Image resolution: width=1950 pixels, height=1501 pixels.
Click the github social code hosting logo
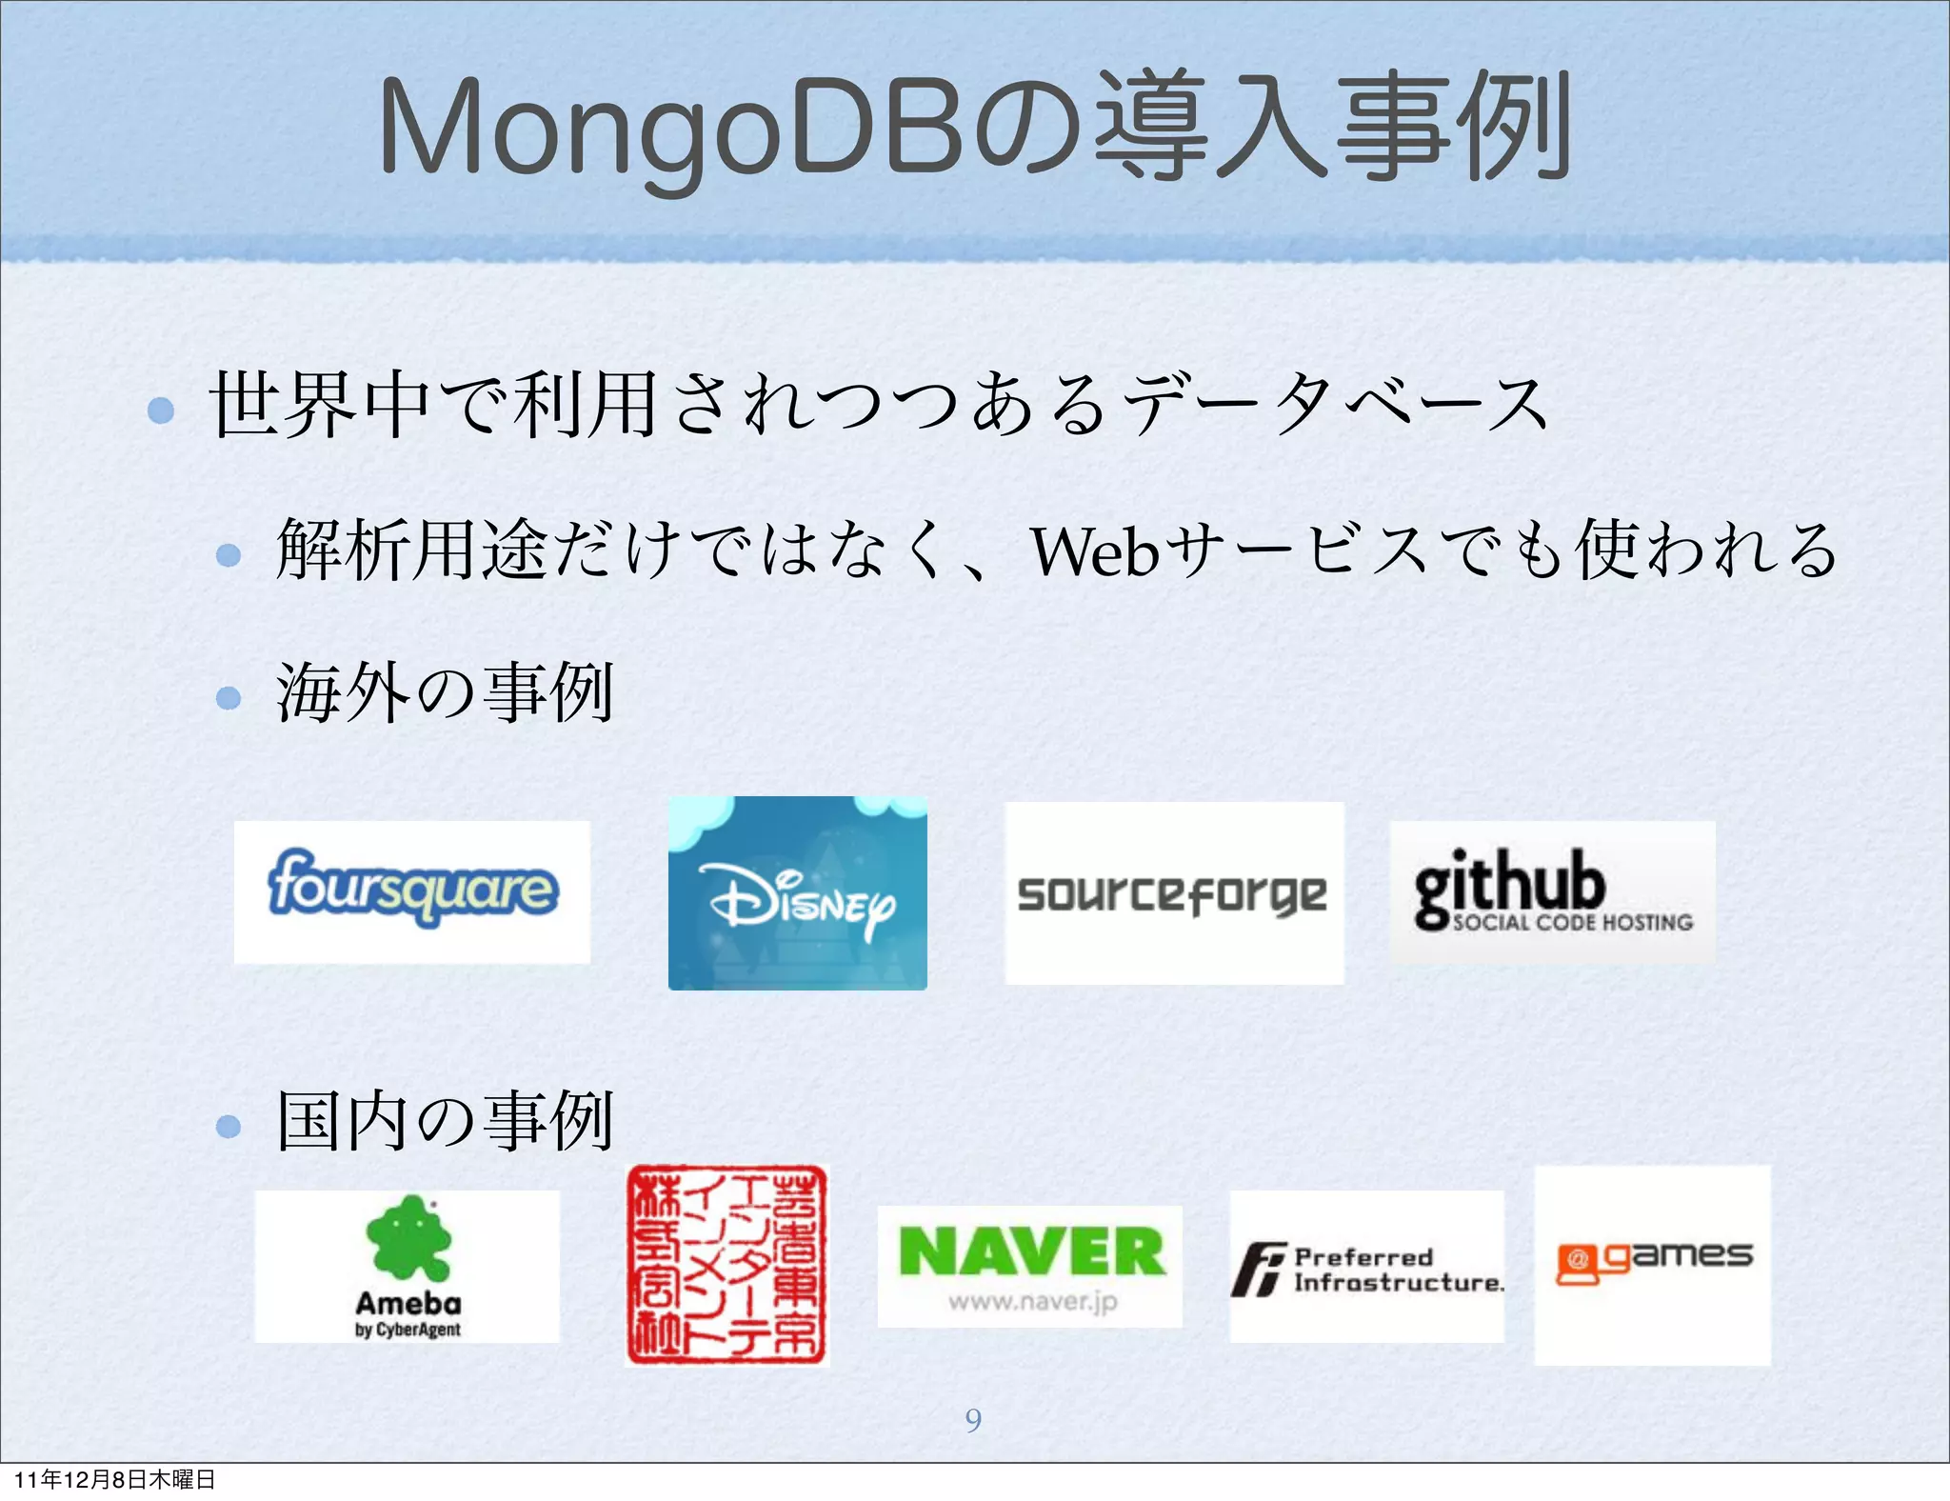pos(1552,891)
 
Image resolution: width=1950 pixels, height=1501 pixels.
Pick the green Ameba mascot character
pos(408,1238)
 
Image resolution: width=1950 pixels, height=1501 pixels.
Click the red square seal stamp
pos(727,1265)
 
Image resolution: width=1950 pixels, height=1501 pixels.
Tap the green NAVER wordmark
pos(1031,1251)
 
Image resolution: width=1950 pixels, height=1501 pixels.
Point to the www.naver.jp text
pos(1031,1301)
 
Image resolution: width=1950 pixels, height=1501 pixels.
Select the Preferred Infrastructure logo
pos(1367,1269)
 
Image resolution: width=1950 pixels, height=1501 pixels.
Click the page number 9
pos(973,1420)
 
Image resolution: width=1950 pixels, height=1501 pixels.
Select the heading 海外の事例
pos(445,693)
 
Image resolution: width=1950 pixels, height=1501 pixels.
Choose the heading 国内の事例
pos(445,1122)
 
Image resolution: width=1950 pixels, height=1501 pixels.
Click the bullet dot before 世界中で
pos(161,410)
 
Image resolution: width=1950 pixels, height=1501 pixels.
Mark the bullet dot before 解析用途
pos(229,555)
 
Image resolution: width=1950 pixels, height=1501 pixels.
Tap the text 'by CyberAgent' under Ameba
pos(408,1330)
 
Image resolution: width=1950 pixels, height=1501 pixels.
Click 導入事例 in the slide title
pos(1333,129)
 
